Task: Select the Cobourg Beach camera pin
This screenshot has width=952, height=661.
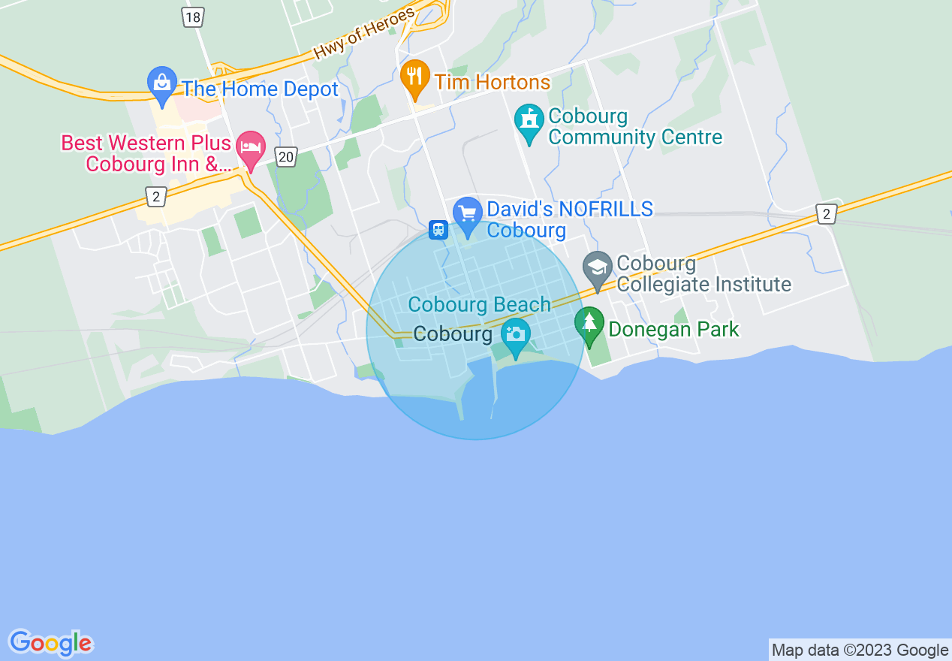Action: tap(516, 335)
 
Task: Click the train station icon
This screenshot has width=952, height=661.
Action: tap(438, 229)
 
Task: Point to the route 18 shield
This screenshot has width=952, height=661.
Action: tap(193, 18)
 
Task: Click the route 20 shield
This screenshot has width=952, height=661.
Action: tap(286, 157)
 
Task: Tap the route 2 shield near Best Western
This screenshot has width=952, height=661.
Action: tap(155, 197)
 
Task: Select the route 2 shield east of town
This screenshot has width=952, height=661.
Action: tap(827, 214)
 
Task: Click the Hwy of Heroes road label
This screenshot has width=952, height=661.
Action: tap(364, 35)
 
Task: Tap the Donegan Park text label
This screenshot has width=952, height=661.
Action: tap(673, 329)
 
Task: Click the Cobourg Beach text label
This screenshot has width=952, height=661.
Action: tap(479, 305)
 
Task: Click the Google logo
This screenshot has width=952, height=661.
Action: tap(51, 643)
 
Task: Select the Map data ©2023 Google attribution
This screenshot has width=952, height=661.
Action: tap(860, 650)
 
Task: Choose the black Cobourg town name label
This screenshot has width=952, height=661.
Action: tap(453, 334)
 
